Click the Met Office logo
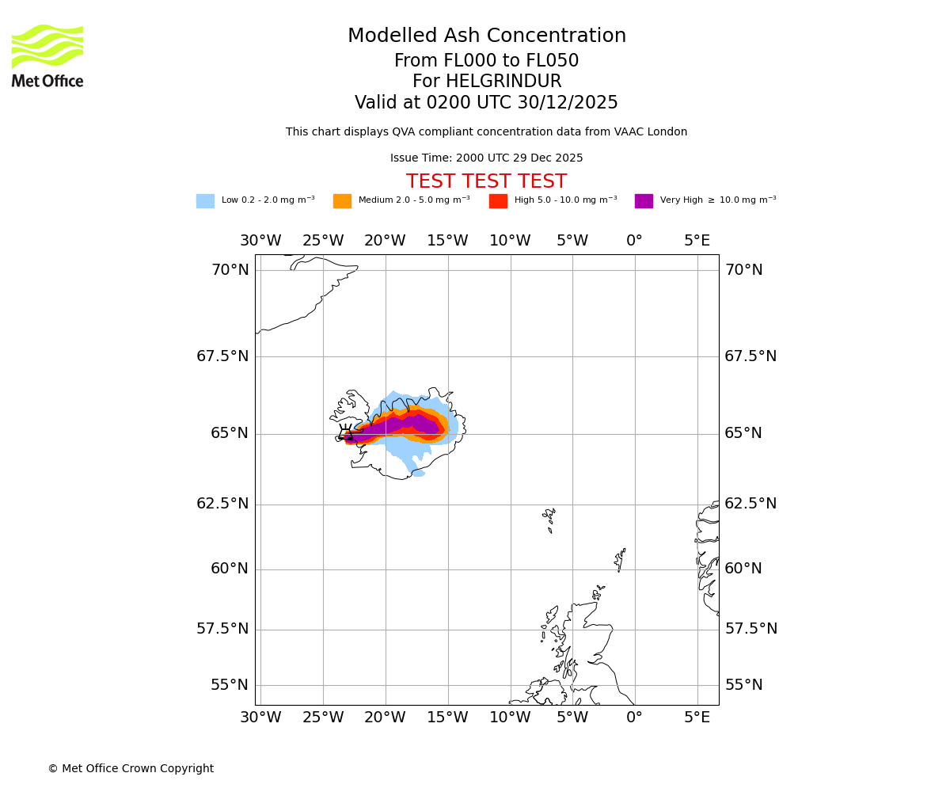pos(47,56)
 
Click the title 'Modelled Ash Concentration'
pos(487,36)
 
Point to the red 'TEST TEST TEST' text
pos(487,182)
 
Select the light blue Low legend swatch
pos(205,201)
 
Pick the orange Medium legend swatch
pos(342,201)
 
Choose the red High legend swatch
pos(498,201)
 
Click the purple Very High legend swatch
pos(644,201)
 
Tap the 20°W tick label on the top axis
pos(385,241)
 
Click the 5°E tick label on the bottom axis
pos(697,718)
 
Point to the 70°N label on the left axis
pos(230,270)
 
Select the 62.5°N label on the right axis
pos(750,504)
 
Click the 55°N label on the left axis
pos(230,685)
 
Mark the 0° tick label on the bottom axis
pos(634,718)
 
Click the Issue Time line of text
pos(487,158)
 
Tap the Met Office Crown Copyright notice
pos(131,769)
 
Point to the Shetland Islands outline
pos(620,560)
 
